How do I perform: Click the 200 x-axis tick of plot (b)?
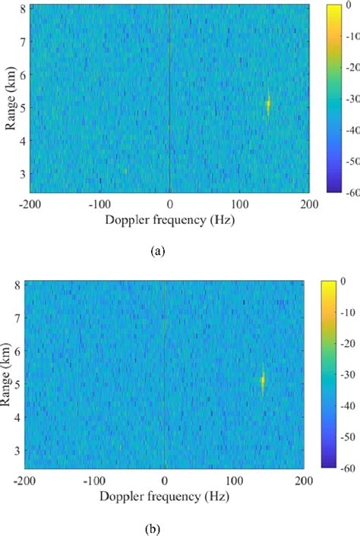[x=302, y=480]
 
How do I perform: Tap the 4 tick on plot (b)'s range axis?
[x=17, y=416]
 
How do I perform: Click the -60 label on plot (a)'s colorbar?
[x=352, y=193]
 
